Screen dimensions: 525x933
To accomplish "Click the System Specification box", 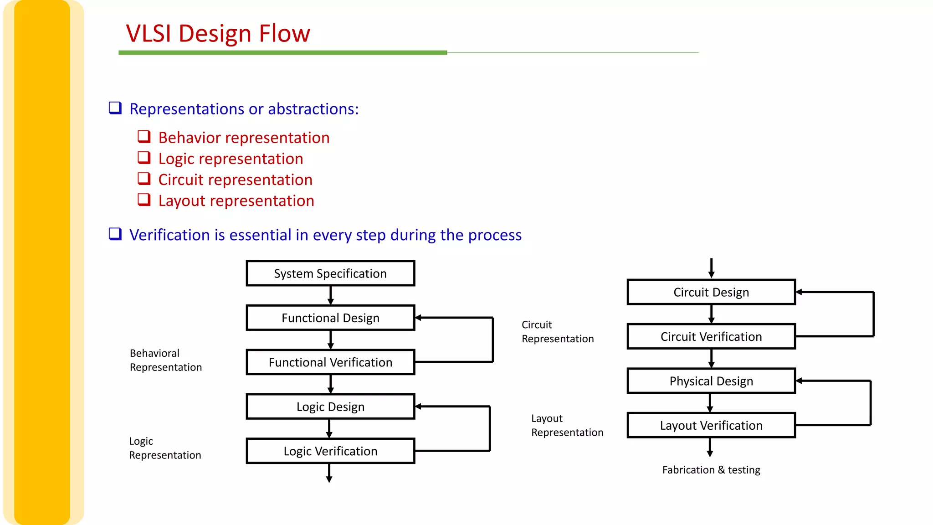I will (330, 273).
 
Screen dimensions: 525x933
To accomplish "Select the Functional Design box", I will (330, 318).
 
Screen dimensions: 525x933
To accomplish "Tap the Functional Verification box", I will (330, 362).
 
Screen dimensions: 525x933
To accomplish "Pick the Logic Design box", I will (330, 407).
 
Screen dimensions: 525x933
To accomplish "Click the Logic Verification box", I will (330, 451).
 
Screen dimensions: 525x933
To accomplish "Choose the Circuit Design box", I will (711, 292).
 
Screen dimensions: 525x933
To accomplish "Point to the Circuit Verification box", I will (711, 337).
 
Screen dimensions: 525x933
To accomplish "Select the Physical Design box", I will (711, 381).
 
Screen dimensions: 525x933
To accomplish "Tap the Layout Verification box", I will (711, 425).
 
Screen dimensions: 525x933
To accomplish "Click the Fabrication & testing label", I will (711, 470).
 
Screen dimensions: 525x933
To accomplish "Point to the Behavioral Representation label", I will (165, 360).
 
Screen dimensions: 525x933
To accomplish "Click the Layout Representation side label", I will (567, 425).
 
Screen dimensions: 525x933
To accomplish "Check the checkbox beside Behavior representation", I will (144, 137).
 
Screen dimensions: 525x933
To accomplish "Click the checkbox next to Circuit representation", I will (144, 179).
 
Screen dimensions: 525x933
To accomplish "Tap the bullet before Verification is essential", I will (115, 234).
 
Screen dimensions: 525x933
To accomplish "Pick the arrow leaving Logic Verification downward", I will (329, 474).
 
